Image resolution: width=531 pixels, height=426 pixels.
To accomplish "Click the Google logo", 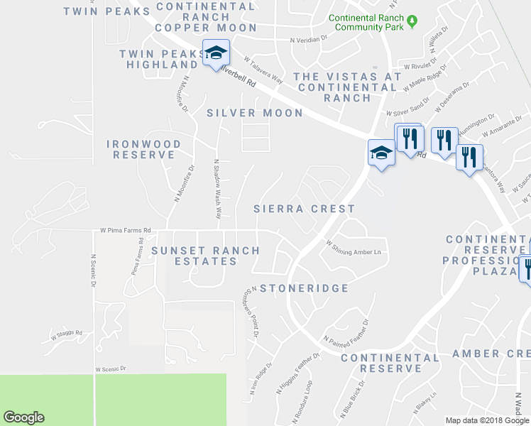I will [x=24, y=418].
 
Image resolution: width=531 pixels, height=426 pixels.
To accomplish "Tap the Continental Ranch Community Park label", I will [x=367, y=22].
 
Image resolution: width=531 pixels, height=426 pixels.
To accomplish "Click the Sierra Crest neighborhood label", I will [x=304, y=209].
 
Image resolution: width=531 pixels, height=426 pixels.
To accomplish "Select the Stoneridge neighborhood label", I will [x=304, y=288].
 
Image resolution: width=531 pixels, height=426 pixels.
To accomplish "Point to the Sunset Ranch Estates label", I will [x=205, y=256].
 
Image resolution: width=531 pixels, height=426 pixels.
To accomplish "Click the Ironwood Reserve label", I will [x=144, y=149].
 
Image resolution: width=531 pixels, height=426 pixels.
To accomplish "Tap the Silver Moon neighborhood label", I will [x=254, y=113].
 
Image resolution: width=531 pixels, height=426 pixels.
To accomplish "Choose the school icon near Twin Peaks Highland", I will [x=216, y=53].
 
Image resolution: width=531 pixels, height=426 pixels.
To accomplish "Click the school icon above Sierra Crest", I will [x=381, y=152].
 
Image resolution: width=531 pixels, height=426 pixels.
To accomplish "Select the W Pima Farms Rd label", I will [x=126, y=231].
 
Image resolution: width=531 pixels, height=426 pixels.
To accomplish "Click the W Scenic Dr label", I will [x=110, y=369].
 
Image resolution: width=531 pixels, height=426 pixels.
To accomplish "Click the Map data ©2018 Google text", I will [x=487, y=420].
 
